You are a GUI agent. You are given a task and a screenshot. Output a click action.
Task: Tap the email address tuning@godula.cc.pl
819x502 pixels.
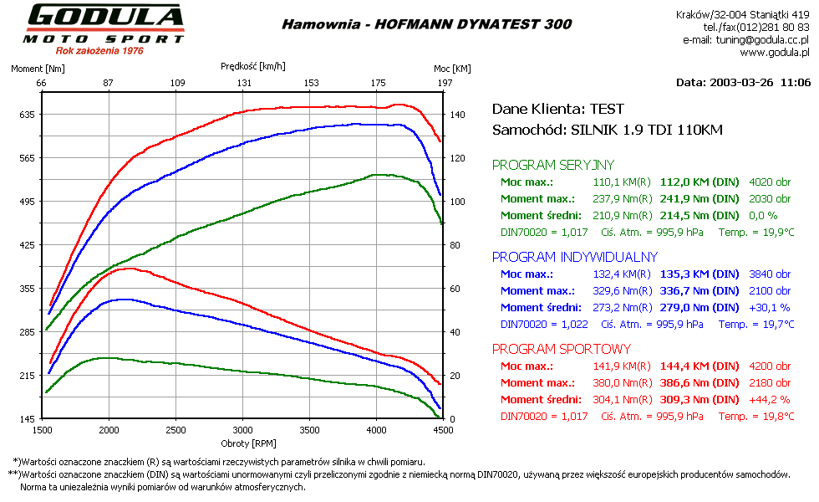(761, 39)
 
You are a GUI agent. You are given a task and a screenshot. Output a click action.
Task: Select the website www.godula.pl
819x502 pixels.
(775, 52)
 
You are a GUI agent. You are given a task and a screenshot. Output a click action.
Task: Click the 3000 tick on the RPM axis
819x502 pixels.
(242, 429)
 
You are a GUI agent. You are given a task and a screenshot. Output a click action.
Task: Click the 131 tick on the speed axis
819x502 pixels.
(244, 83)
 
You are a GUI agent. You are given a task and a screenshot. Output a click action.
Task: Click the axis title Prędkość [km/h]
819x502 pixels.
(252, 65)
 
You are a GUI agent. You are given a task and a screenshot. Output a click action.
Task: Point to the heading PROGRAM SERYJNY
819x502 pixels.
(552, 165)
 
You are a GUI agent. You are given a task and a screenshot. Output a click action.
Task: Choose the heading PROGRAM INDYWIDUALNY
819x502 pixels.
(574, 257)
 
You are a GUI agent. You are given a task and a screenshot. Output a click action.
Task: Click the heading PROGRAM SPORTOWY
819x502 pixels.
(561, 349)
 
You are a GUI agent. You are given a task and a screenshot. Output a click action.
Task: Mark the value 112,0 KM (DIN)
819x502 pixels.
(699, 182)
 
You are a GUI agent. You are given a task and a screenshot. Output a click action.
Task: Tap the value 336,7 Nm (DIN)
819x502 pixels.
(699, 290)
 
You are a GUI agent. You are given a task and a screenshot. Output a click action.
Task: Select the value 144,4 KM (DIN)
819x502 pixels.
(699, 366)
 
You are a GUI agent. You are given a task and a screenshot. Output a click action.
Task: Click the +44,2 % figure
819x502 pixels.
(770, 399)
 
